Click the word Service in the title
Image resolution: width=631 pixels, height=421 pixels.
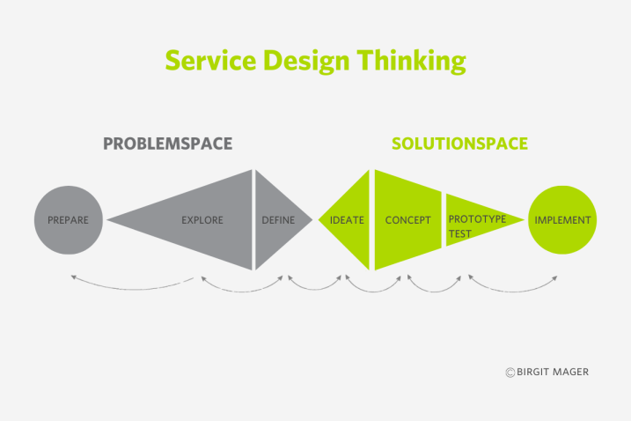(210, 61)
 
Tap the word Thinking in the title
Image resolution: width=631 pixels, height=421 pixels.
(411, 62)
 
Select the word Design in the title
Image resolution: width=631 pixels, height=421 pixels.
(306, 62)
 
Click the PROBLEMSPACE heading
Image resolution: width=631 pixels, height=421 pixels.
(168, 144)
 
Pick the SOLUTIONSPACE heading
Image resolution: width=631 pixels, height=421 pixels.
(459, 144)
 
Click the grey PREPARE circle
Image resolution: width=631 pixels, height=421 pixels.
(69, 220)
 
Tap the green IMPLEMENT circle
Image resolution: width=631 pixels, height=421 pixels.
(562, 220)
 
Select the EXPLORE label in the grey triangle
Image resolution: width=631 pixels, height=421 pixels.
(202, 220)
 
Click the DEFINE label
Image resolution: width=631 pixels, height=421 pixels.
(278, 220)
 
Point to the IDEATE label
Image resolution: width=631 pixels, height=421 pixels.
(347, 220)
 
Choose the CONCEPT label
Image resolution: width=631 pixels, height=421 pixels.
(407, 220)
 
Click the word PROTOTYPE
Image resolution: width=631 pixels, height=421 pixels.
(477, 218)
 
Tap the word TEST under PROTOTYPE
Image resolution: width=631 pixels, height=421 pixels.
(460, 233)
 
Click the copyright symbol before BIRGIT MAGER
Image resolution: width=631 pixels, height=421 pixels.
(510, 373)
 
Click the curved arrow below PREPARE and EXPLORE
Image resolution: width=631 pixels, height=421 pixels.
(133, 289)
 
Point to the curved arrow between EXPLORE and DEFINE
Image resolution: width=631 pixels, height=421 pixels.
(242, 291)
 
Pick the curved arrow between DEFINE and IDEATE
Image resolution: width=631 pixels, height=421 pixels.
(314, 289)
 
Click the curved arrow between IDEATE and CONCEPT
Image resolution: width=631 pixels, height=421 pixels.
(373, 291)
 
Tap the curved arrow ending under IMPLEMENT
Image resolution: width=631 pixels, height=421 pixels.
(513, 291)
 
